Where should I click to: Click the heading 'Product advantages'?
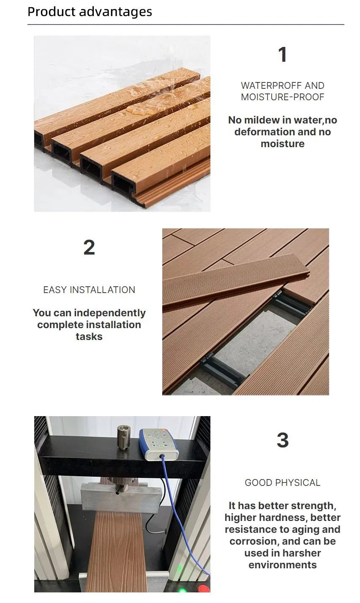[90, 12]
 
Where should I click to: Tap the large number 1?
[282, 55]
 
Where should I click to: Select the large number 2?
[89, 247]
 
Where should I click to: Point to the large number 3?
[283, 440]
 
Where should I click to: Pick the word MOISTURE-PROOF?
[283, 97]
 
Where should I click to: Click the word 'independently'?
[110, 313]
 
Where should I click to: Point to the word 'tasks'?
[89, 337]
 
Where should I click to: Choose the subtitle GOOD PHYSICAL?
[283, 482]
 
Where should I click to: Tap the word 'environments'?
[283, 565]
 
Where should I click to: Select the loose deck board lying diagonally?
[236, 281]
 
